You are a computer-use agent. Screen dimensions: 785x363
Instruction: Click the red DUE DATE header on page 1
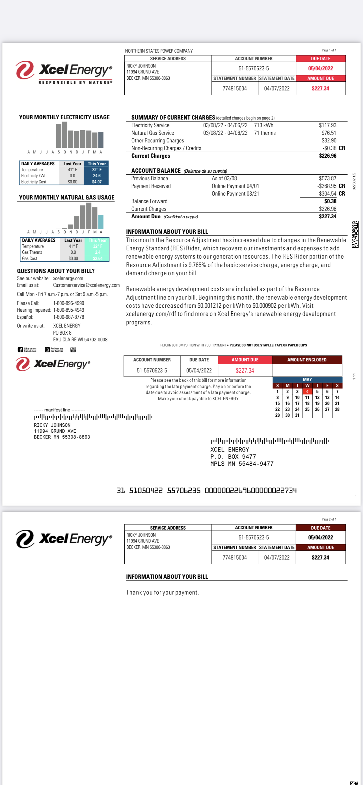tap(320, 58)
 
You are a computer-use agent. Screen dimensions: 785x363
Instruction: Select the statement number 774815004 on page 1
tap(234, 88)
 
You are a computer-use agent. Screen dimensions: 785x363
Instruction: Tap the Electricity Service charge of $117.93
tap(327, 125)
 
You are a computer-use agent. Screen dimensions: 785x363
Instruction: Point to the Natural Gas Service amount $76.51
tap(329, 133)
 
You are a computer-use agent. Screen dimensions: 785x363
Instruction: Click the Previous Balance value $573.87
tap(327, 178)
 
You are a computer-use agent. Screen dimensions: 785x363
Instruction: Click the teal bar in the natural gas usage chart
tap(101, 222)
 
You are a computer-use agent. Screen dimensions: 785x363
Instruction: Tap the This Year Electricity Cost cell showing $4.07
tap(97, 182)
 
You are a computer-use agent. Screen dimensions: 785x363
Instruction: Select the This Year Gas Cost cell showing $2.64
tap(98, 258)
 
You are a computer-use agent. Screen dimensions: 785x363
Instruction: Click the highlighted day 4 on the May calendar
tap(307, 392)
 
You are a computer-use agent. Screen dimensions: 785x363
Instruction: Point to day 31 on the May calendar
tap(297, 415)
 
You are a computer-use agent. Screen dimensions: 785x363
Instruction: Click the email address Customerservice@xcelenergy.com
tap(86, 285)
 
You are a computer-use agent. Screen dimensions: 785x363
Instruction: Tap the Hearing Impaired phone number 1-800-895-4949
tap(69, 310)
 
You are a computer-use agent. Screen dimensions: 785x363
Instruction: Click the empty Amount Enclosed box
tap(307, 370)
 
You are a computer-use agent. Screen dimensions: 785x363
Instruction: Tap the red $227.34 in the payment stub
tap(245, 370)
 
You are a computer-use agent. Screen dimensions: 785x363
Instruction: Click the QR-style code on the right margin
tap(355, 234)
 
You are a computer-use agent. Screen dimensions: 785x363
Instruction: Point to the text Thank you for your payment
tap(163, 592)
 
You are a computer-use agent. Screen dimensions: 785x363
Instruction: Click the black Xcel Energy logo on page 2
tap(64, 539)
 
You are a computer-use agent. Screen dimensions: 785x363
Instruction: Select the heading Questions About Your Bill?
tap(56, 271)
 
